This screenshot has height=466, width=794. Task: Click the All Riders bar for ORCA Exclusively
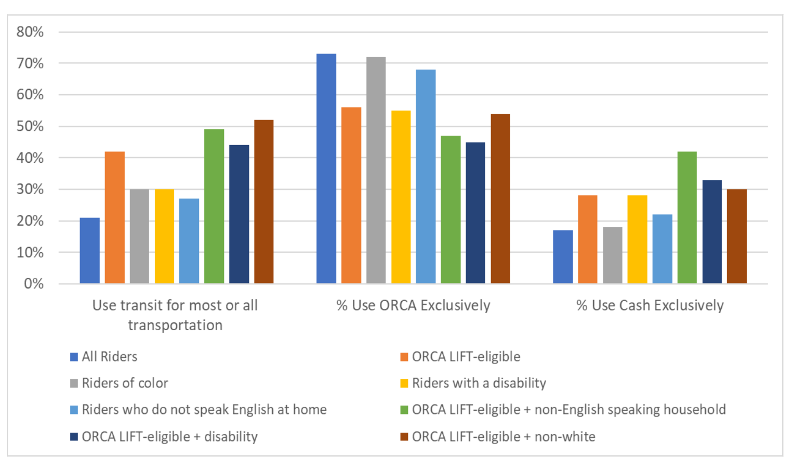tap(326, 169)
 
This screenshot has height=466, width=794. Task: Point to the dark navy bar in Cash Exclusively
tap(712, 231)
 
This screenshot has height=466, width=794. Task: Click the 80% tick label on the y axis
tap(30, 32)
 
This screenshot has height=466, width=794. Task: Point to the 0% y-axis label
tap(33, 284)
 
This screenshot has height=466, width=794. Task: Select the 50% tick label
tap(30, 126)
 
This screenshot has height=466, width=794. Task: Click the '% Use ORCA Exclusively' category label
tap(413, 305)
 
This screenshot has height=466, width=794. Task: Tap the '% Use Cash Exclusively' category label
tap(650, 305)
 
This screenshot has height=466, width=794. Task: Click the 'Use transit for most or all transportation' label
tap(175, 315)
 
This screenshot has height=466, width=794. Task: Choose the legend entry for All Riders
tap(109, 357)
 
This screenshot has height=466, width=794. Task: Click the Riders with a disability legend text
tap(479, 383)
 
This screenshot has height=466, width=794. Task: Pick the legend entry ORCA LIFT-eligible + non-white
tap(503, 436)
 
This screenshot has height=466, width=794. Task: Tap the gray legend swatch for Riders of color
tap(74, 384)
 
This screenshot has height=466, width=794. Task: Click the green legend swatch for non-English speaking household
tap(404, 410)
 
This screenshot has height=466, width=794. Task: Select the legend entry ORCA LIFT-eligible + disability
tap(169, 436)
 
